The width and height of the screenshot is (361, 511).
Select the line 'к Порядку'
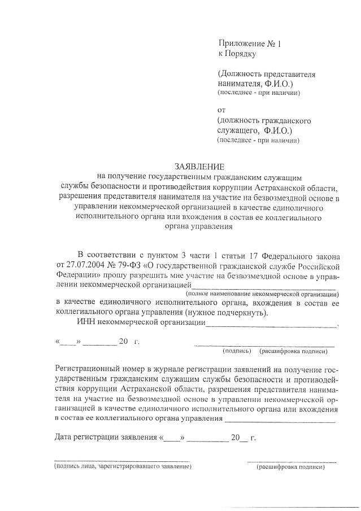237,54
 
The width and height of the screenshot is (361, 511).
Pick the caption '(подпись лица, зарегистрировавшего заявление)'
123,467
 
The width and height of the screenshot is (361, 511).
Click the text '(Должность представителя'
266,75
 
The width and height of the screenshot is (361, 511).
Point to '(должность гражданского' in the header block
264,120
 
